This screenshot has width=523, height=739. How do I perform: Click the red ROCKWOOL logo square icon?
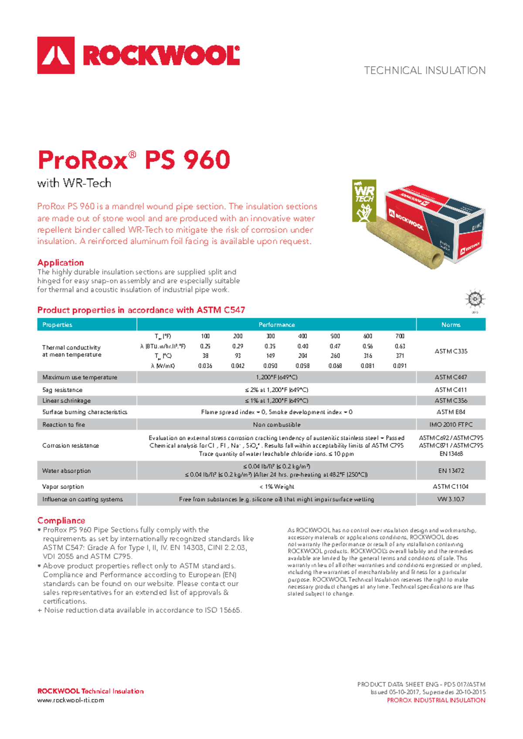click(x=56, y=55)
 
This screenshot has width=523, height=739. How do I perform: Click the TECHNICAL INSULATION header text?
click(x=425, y=71)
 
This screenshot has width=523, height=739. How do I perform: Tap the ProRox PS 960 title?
click(x=134, y=160)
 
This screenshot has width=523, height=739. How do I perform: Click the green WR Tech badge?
click(x=364, y=201)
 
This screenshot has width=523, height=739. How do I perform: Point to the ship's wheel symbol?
click(x=475, y=299)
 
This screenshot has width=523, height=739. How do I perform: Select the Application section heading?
click(x=61, y=263)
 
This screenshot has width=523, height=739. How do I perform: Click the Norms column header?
click(x=451, y=325)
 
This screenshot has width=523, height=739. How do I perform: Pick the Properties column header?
click(x=57, y=325)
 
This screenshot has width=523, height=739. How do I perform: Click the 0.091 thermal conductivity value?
click(x=400, y=366)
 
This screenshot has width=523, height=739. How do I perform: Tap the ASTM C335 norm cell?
click(x=451, y=351)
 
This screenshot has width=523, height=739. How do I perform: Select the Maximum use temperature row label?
click(x=80, y=377)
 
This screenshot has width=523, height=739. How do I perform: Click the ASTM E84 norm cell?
click(x=451, y=412)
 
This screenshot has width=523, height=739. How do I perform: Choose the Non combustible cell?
click(x=277, y=425)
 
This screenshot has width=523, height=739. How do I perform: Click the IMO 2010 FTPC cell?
click(x=451, y=425)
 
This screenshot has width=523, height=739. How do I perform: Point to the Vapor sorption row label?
click(x=63, y=487)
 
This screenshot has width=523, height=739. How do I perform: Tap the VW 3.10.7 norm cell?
click(x=451, y=499)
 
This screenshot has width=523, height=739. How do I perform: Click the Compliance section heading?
click(x=61, y=521)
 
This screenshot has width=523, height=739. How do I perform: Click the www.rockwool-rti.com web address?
click(x=71, y=700)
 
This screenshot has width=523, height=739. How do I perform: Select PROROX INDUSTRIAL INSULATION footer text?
click(x=436, y=700)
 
